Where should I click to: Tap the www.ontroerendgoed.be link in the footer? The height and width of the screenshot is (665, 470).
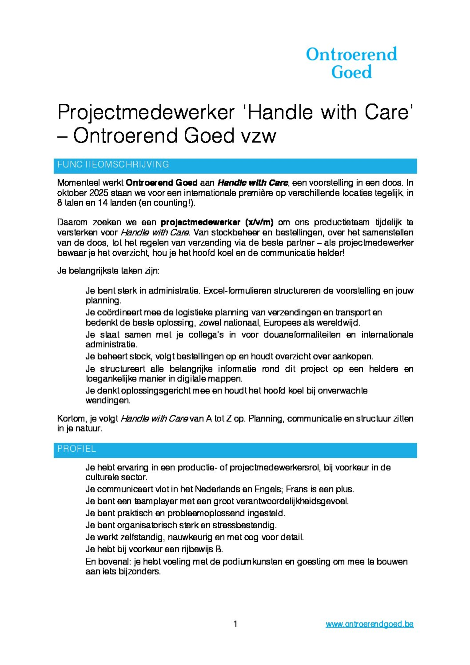tap(369, 624)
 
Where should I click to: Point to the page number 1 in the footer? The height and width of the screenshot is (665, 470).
tap(235, 624)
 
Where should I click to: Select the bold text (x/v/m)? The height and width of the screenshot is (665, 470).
tap(259, 222)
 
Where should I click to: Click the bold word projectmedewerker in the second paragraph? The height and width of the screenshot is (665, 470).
tap(200, 222)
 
